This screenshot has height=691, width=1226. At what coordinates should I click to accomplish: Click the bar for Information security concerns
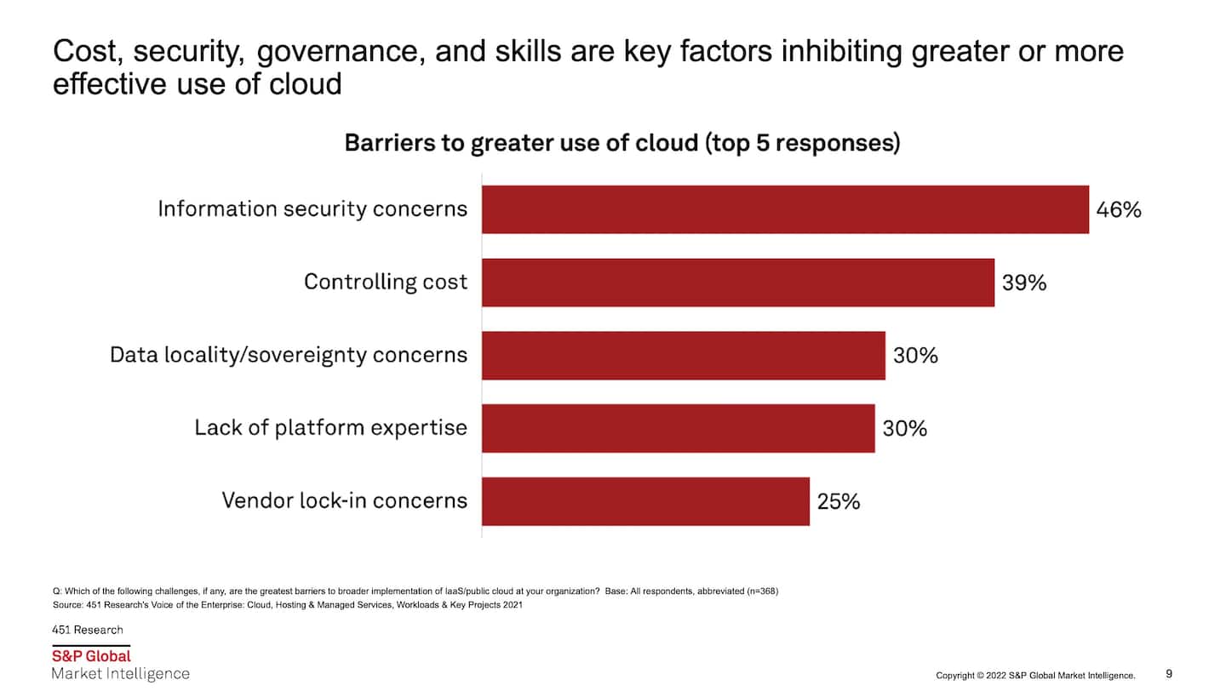(785, 209)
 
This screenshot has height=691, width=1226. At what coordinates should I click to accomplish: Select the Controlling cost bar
(737, 283)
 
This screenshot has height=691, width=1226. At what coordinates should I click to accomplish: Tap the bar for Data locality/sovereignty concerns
(683, 356)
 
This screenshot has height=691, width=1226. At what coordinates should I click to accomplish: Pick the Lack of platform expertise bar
(678, 428)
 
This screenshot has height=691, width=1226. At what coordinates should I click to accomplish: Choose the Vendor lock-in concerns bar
(645, 501)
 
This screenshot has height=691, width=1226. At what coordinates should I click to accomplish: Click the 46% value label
(1118, 210)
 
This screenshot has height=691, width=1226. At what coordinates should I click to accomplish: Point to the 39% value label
(1024, 283)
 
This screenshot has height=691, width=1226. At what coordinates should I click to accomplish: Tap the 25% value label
(839, 502)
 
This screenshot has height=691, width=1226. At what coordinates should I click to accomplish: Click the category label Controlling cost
(386, 282)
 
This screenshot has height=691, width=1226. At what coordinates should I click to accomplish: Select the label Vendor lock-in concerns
(344, 500)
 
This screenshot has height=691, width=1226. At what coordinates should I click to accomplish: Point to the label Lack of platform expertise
(330, 427)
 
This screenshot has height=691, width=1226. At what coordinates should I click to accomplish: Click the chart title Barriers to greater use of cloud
(622, 143)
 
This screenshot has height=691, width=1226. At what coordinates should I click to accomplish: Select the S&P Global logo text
(91, 656)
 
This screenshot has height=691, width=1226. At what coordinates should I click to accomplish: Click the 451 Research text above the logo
(88, 630)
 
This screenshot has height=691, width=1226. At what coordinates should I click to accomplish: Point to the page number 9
(1169, 673)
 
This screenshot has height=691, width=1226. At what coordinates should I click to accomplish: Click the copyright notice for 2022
(1035, 675)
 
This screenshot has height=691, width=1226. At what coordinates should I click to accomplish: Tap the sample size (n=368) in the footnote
(759, 591)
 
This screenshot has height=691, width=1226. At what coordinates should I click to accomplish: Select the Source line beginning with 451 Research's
(287, 605)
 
